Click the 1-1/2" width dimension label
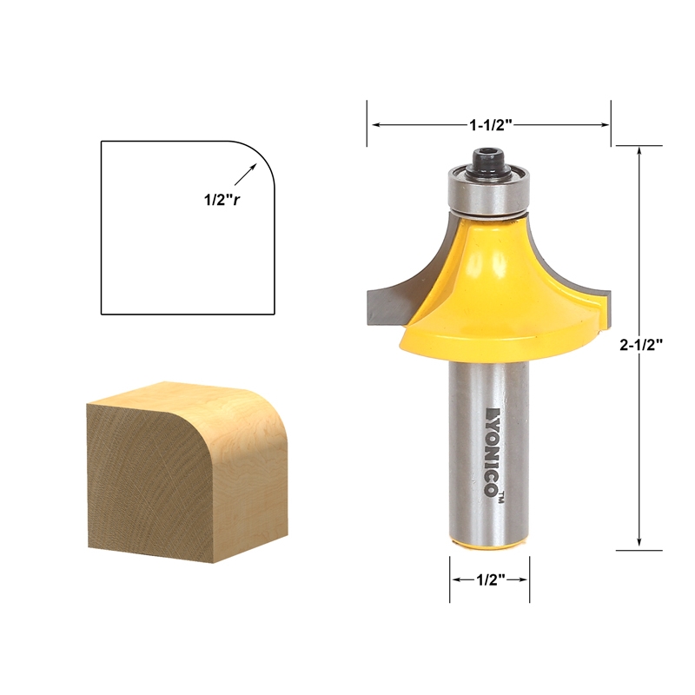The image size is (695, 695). pyautogui.click(x=491, y=124)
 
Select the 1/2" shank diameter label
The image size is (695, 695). pyautogui.click(x=490, y=584)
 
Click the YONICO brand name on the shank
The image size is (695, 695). pyautogui.click(x=493, y=452)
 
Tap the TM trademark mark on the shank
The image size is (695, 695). pyautogui.click(x=502, y=499)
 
